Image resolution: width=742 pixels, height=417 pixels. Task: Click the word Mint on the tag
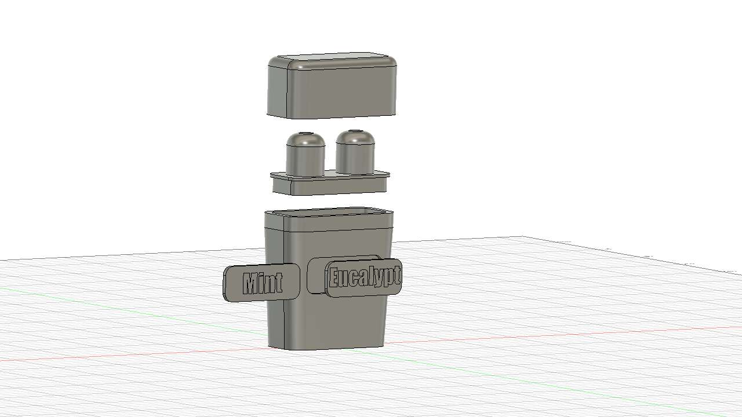(x=263, y=283)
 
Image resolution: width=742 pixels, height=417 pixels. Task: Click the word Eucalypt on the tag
(x=365, y=277)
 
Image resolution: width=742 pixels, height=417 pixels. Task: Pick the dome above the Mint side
(x=305, y=154)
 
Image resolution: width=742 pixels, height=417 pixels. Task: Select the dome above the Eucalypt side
(x=355, y=152)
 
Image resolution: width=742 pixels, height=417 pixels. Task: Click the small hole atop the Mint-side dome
(x=305, y=133)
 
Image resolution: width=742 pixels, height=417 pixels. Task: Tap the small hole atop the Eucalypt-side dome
(x=355, y=131)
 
